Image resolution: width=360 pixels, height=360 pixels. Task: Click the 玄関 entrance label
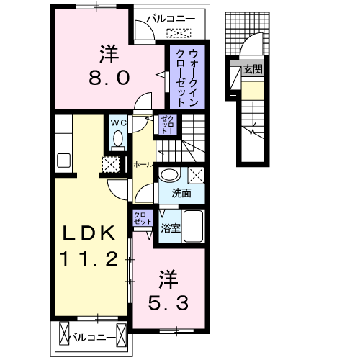pos(252,70)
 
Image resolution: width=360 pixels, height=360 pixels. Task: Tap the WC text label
pos(118,123)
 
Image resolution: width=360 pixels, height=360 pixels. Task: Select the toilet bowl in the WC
pos(117,141)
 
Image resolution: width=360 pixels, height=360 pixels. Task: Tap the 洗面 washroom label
pos(181,193)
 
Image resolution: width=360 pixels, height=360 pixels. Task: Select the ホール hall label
pos(143,165)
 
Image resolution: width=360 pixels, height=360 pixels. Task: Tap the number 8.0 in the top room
pos(109,76)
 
